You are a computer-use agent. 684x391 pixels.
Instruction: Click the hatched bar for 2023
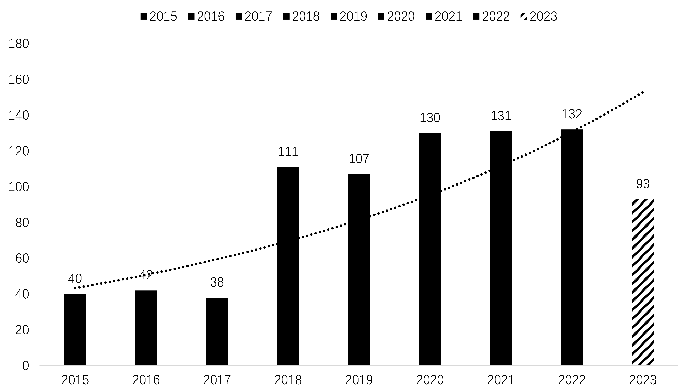pos(643,282)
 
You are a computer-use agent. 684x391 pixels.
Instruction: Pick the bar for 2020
pos(430,249)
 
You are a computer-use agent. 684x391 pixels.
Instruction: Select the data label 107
pos(359,159)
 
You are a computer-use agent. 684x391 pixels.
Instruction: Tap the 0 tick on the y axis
pos(26,366)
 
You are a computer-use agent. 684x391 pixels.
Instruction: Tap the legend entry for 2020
pos(396,16)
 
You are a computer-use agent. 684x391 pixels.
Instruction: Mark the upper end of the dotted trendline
pos(643,92)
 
